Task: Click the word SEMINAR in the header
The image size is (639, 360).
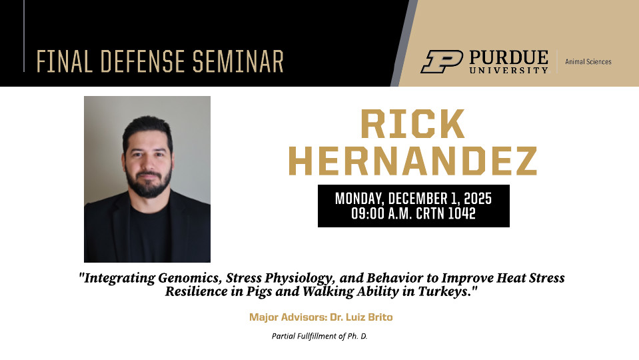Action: coord(238,61)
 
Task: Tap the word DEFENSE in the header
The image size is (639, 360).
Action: coord(144,61)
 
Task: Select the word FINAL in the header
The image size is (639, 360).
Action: coord(65,61)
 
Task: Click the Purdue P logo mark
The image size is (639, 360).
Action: coord(442,61)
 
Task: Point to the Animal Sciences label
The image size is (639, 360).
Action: coord(588,61)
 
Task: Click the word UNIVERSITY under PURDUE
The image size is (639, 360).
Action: coord(508,70)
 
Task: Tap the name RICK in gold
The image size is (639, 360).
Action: coord(412,124)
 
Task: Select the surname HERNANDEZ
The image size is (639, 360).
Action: coord(412,161)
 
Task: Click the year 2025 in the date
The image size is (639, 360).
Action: coord(478,199)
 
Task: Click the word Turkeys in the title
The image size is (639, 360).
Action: coord(443,292)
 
